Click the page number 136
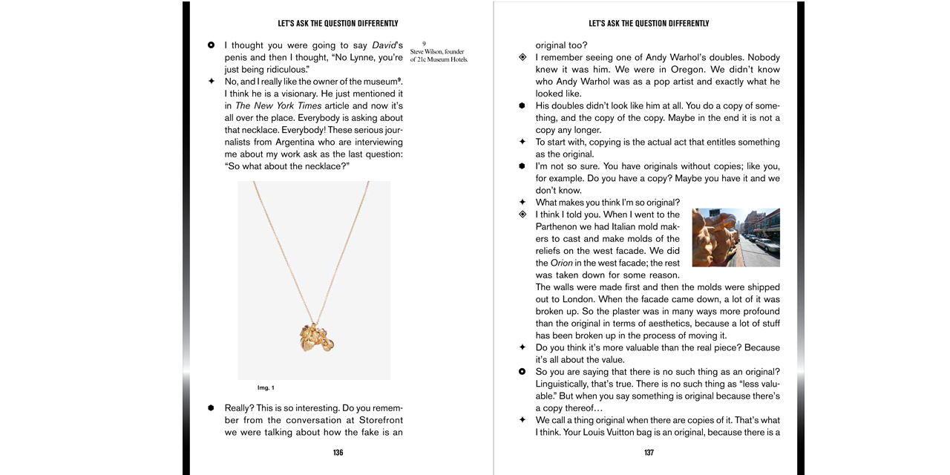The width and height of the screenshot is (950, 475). pos(338,453)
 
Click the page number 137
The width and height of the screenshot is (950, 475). pos(649,453)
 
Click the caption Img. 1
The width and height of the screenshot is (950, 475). pos(266,388)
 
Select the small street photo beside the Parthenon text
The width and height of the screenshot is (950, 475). pos(736,237)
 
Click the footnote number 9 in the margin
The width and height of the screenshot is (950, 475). pos(424,44)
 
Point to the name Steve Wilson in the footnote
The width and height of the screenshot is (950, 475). pos(427,52)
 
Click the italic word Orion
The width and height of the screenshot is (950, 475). pos(560,263)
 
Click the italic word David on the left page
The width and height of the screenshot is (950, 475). pos(385,45)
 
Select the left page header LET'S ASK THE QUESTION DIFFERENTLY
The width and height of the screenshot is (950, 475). pos(338,24)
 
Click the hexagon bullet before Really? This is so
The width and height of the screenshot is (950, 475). pos(212,407)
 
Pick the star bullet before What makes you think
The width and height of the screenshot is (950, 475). pos(522,203)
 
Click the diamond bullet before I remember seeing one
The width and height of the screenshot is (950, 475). pos(522,57)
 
